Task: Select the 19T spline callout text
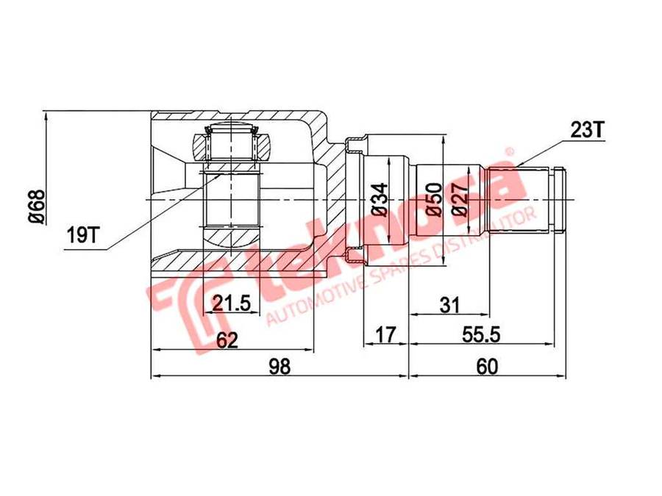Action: pos(82,235)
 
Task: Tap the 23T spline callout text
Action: pos(588,130)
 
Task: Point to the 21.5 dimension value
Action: pos(232,303)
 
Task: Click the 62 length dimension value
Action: pos(227,339)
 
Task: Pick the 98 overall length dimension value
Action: pos(280,366)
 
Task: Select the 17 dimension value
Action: pos(385,334)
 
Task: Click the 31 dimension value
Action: pos(449,304)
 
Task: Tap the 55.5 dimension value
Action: pos(481,334)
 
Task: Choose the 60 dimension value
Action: pos(487,366)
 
